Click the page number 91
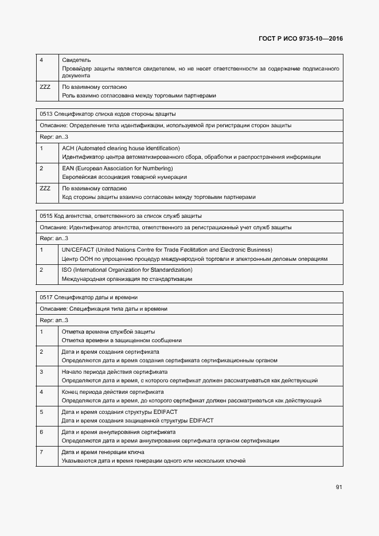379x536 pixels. point(339,487)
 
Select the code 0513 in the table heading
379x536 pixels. point(46,114)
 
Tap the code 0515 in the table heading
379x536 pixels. point(46,216)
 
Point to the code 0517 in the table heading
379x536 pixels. point(46,298)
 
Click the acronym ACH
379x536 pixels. point(68,148)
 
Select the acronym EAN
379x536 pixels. point(68,169)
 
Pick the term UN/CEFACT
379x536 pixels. point(77,250)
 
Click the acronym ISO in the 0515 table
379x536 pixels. point(66,270)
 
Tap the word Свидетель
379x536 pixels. point(76,60)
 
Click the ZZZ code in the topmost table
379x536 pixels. point(45,87)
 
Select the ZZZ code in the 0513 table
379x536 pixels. point(45,189)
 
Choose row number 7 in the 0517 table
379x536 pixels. point(41,452)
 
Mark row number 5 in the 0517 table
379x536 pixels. point(41,412)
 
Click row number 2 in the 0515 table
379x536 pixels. point(41,270)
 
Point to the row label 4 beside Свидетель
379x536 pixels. point(41,60)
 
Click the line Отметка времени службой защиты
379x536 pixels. point(108,332)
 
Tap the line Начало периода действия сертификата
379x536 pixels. point(114,372)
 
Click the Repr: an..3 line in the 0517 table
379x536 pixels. point(54,320)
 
